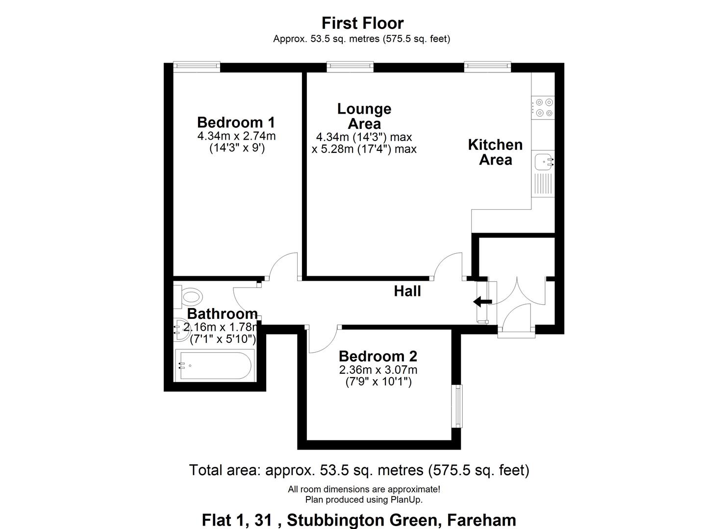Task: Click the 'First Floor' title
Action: (362, 23)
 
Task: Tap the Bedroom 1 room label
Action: (236, 122)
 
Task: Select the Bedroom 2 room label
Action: (377, 356)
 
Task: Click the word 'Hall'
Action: (407, 291)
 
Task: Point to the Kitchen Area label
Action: (495, 152)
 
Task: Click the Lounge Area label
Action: (364, 116)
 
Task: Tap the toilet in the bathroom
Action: (190, 296)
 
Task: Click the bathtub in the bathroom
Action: (214, 365)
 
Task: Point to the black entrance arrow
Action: (483, 301)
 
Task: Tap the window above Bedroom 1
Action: (197, 66)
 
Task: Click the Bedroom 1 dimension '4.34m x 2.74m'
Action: (236, 136)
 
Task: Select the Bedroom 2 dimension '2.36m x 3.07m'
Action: (378, 370)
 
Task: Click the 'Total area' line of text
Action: (359, 470)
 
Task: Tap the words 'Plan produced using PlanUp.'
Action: (364, 500)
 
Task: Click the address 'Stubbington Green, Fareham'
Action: (402, 520)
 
